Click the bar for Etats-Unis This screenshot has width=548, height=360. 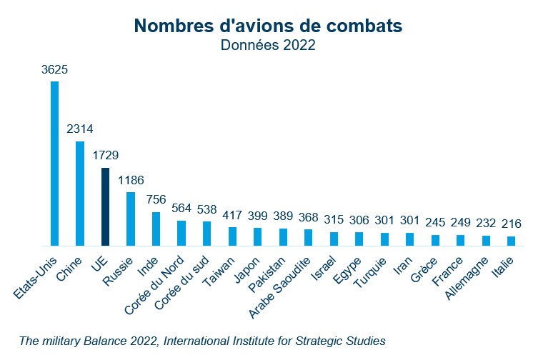(54, 164)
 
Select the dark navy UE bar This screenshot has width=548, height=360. (105, 206)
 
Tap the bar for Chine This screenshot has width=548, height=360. (80, 194)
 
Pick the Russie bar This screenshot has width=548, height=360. (131, 219)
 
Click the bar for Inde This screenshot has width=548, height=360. (156, 229)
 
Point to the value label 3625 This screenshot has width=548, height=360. (55, 70)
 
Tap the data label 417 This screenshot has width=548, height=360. (232, 215)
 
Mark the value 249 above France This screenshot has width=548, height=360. (460, 223)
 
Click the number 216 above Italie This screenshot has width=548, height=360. (511, 224)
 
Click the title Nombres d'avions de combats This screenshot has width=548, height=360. (268, 26)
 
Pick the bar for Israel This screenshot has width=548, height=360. (334, 239)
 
